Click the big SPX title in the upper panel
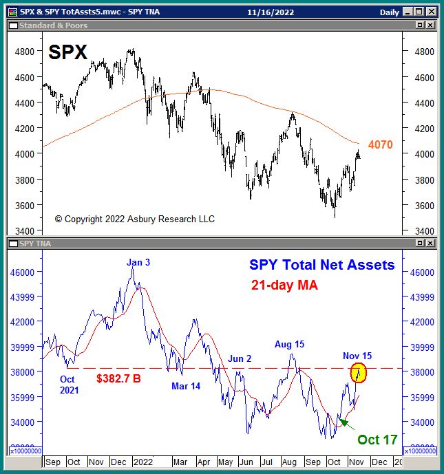pyautogui.click(x=68, y=52)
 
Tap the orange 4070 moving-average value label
pyautogui.click(x=380, y=145)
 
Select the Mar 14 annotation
pyautogui.click(x=186, y=386)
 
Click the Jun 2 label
pyautogui.click(x=240, y=358)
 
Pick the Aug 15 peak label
pyautogui.click(x=289, y=344)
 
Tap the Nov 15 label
pyautogui.click(x=357, y=356)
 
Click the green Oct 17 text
pyautogui.click(x=377, y=440)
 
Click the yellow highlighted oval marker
pyautogui.click(x=359, y=374)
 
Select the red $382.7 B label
pyautogui.click(x=120, y=378)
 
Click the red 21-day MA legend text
pyautogui.click(x=284, y=286)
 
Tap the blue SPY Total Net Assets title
pyautogui.click(x=322, y=265)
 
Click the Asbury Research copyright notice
pyautogui.click(x=135, y=219)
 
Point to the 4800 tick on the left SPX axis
pyautogui.click(x=24, y=52)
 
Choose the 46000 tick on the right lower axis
pyautogui.click(x=421, y=272)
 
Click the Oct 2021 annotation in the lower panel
pyautogui.click(x=69, y=385)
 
